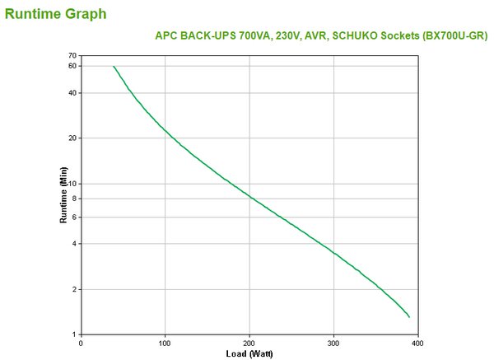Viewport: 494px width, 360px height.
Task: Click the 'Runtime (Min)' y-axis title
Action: (63, 195)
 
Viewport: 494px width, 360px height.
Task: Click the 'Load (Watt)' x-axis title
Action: (249, 353)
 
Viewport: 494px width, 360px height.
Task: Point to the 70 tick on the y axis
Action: (72, 55)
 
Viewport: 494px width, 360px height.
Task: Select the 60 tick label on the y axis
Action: (72, 66)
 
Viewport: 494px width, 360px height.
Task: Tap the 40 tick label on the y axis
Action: (72, 92)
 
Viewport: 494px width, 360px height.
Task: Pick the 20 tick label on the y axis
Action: (72, 138)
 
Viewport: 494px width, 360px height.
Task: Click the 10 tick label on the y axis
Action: (72, 184)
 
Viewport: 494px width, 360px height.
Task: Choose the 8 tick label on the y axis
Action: (74, 199)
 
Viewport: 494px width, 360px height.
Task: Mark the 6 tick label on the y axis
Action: (74, 217)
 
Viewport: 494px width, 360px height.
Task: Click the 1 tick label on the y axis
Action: (74, 334)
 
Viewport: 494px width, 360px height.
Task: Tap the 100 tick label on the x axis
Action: (165, 343)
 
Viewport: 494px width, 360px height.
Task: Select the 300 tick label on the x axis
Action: (333, 343)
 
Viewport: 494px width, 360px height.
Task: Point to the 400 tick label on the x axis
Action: (417, 343)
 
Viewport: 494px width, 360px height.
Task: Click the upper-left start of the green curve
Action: (114, 66)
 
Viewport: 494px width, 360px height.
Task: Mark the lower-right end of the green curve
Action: (409, 317)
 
